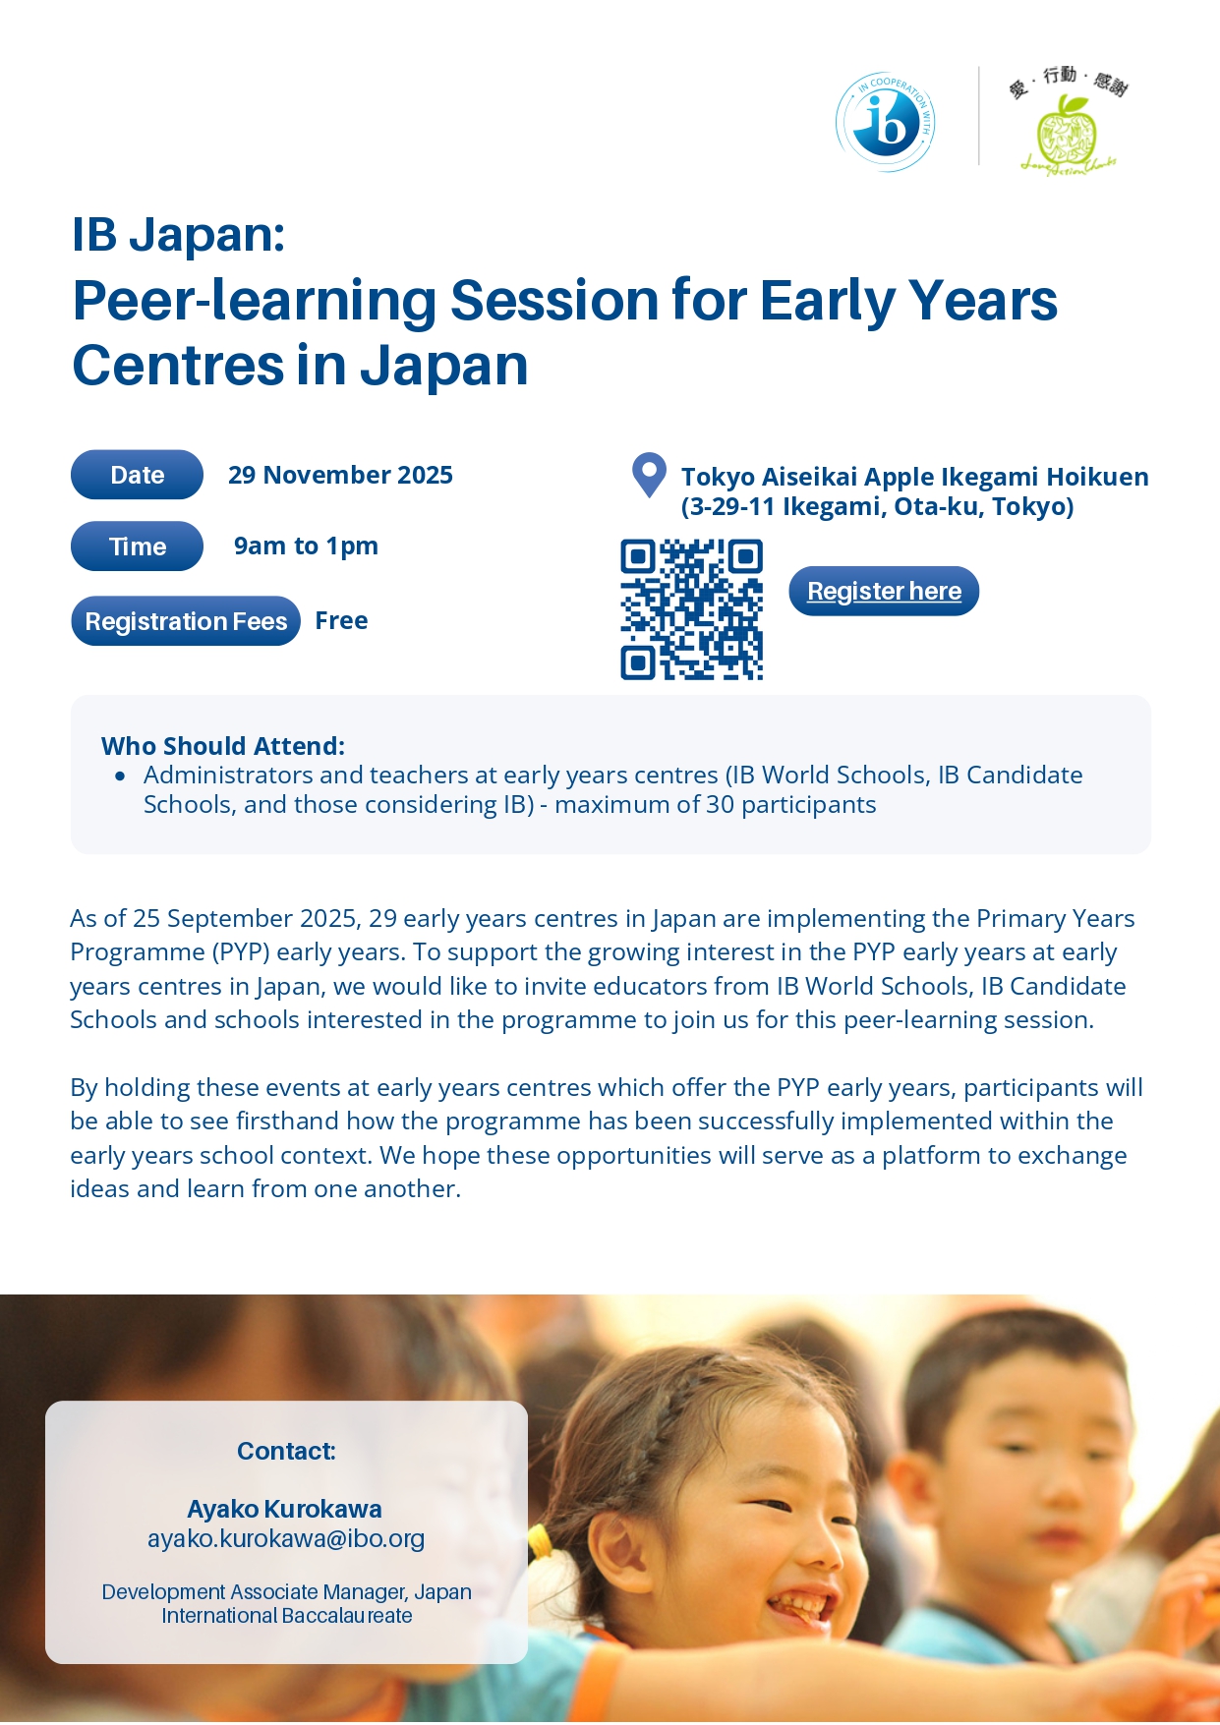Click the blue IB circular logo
[x=885, y=123]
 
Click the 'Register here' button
[x=884, y=591]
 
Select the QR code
[x=692, y=609]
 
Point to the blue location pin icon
[x=649, y=475]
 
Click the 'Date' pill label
[x=137, y=475]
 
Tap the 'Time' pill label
[x=137, y=546]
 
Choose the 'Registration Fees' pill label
[x=186, y=621]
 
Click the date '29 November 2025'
[x=340, y=476]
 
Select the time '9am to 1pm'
[x=306, y=546]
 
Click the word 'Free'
[x=341, y=621]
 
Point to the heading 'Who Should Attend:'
[x=223, y=746]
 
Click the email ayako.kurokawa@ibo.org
[x=286, y=1538]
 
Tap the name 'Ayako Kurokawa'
[x=285, y=1509]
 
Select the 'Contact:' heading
[x=286, y=1451]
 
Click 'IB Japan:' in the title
[x=178, y=235]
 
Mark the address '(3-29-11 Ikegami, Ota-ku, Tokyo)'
[x=878, y=507]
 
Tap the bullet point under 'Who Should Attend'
[x=120, y=776]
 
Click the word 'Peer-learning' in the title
[x=254, y=302]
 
